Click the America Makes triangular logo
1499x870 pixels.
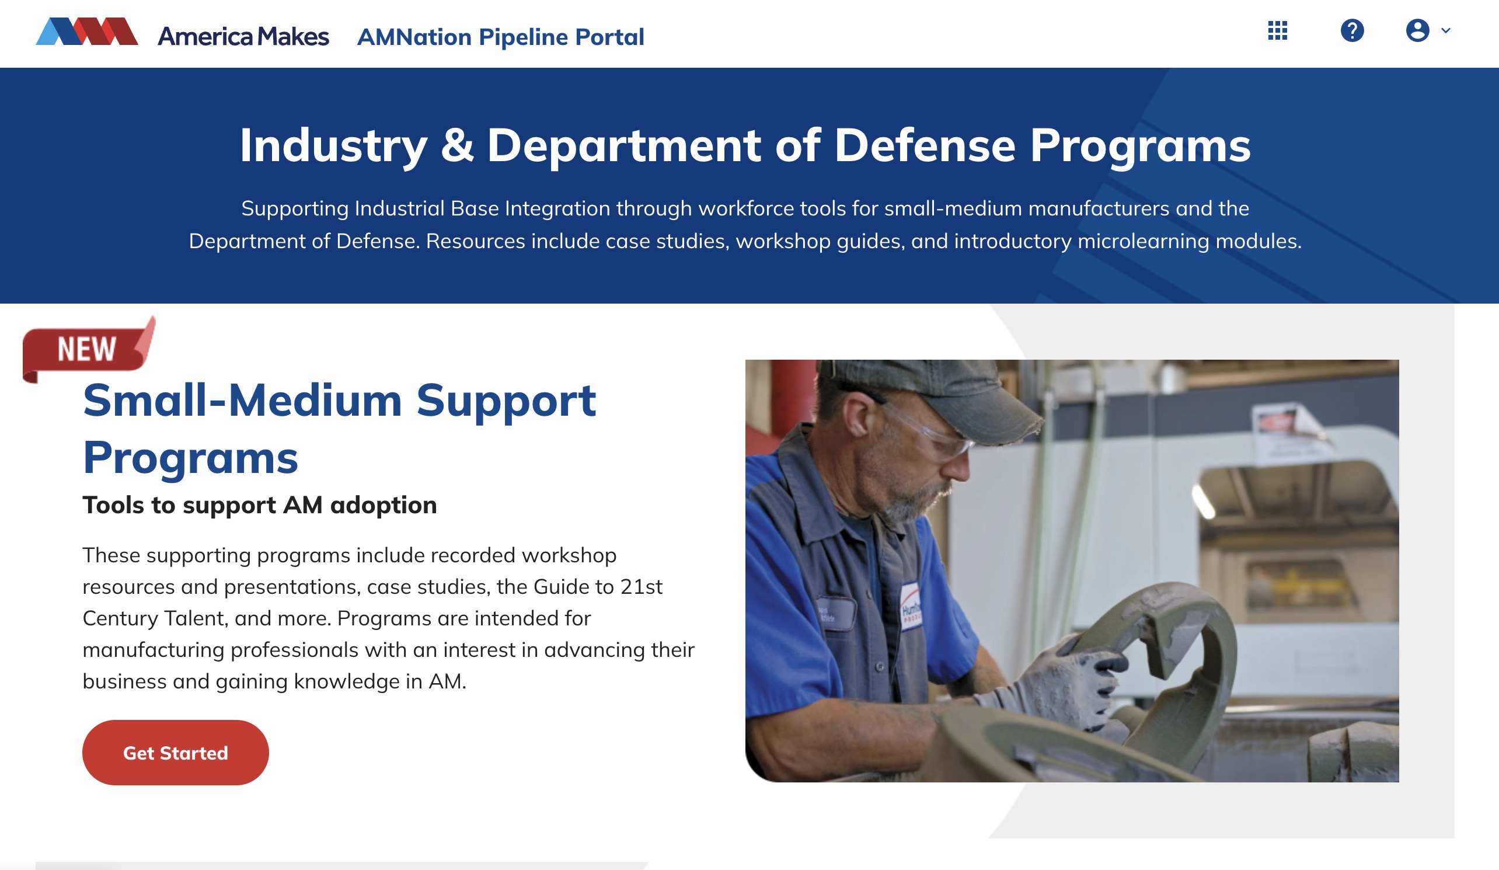tap(87, 32)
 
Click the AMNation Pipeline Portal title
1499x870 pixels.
tap(500, 37)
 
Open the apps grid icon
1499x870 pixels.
tap(1277, 30)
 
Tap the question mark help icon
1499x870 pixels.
tap(1351, 30)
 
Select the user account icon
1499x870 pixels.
tap(1417, 30)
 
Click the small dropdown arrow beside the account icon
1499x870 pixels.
tap(1445, 30)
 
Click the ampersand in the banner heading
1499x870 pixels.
tap(457, 146)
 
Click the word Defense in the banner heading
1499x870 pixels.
tap(925, 146)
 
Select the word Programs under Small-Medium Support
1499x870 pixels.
tap(190, 458)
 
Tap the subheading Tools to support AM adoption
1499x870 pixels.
tap(259, 505)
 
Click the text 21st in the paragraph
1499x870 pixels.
tap(642, 587)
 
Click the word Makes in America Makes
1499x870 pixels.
tap(292, 37)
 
